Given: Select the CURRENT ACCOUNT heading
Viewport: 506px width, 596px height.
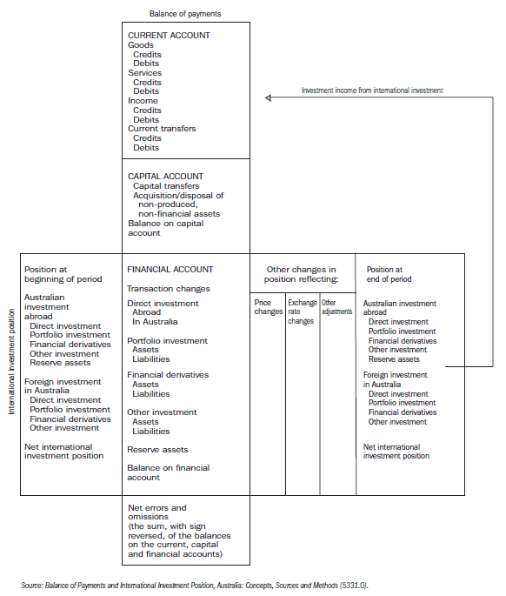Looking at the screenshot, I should coord(169,36).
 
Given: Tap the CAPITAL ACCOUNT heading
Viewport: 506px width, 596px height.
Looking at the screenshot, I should coord(166,176).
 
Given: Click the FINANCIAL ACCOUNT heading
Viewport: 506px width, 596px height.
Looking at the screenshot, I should coord(170,270).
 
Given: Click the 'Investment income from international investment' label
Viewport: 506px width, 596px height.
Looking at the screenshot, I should coord(371,90).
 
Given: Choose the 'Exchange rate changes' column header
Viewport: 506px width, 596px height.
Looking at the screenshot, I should coord(303,311).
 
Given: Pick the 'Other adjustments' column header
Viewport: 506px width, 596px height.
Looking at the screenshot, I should coord(336,306).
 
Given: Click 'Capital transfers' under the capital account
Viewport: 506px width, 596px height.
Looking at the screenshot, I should coord(166,186).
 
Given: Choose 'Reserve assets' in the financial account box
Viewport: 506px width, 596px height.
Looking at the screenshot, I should coord(157,450).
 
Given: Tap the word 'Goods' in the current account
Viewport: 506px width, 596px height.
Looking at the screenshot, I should coord(141,45).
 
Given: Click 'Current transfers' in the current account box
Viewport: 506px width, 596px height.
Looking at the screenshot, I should coord(162,129).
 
